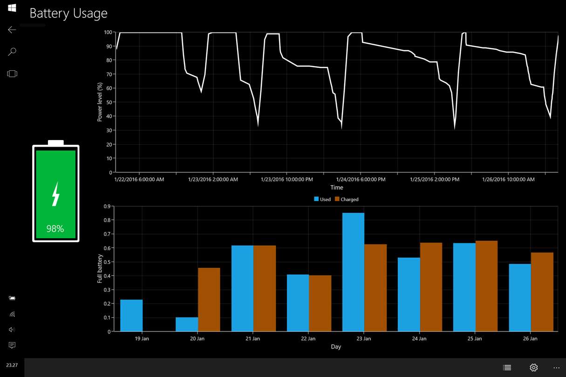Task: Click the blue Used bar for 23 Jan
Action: point(353,272)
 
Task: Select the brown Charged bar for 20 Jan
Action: point(209,300)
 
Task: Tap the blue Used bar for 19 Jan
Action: point(131,316)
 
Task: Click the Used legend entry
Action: point(322,199)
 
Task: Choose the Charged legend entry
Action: point(347,199)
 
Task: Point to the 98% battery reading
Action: point(55,229)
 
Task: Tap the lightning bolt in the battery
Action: point(55,194)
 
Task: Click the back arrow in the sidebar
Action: point(12,30)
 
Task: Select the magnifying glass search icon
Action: point(12,52)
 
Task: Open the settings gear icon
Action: point(534,367)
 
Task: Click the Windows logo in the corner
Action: point(12,8)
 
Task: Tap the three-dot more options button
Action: point(556,367)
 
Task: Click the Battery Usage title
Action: point(68,13)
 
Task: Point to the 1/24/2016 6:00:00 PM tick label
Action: point(361,179)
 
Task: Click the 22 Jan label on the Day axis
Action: point(308,338)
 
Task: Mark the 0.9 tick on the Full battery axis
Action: point(107,206)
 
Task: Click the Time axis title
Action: point(336,188)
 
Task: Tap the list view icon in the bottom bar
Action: point(507,367)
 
